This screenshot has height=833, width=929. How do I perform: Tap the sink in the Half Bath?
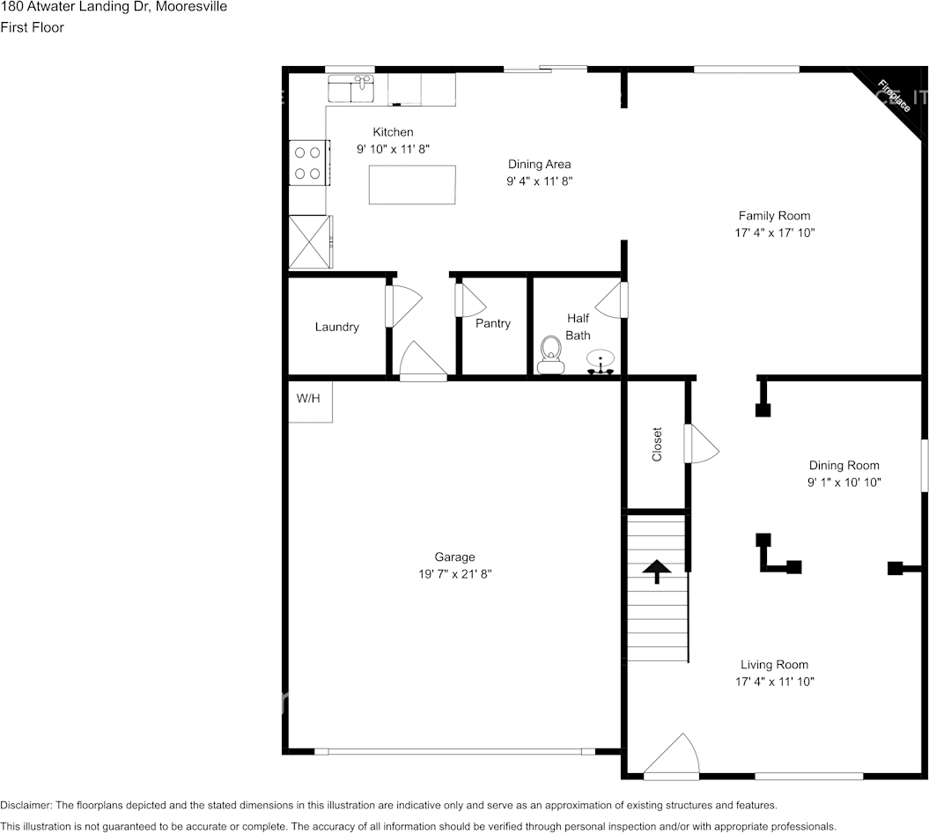click(601, 362)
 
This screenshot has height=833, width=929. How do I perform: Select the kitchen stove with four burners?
click(307, 163)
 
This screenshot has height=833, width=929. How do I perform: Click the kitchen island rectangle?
click(412, 185)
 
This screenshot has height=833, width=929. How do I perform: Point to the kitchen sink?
click(351, 89)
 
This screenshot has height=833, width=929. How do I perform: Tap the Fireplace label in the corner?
click(894, 96)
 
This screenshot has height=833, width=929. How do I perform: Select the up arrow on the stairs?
click(655, 571)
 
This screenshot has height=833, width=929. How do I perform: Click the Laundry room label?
click(337, 327)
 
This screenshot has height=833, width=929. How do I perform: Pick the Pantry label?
click(493, 323)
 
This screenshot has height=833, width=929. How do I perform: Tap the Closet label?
click(657, 445)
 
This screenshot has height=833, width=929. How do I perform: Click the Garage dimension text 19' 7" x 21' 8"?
click(455, 574)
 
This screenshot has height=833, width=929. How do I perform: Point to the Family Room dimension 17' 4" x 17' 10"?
click(774, 232)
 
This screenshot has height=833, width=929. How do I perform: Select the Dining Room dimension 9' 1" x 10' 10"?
click(844, 483)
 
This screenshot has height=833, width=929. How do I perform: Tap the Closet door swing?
click(703, 444)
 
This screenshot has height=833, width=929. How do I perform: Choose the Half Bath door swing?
click(611, 301)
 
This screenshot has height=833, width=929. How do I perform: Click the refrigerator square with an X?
click(311, 242)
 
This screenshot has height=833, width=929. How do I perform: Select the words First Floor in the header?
click(33, 27)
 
